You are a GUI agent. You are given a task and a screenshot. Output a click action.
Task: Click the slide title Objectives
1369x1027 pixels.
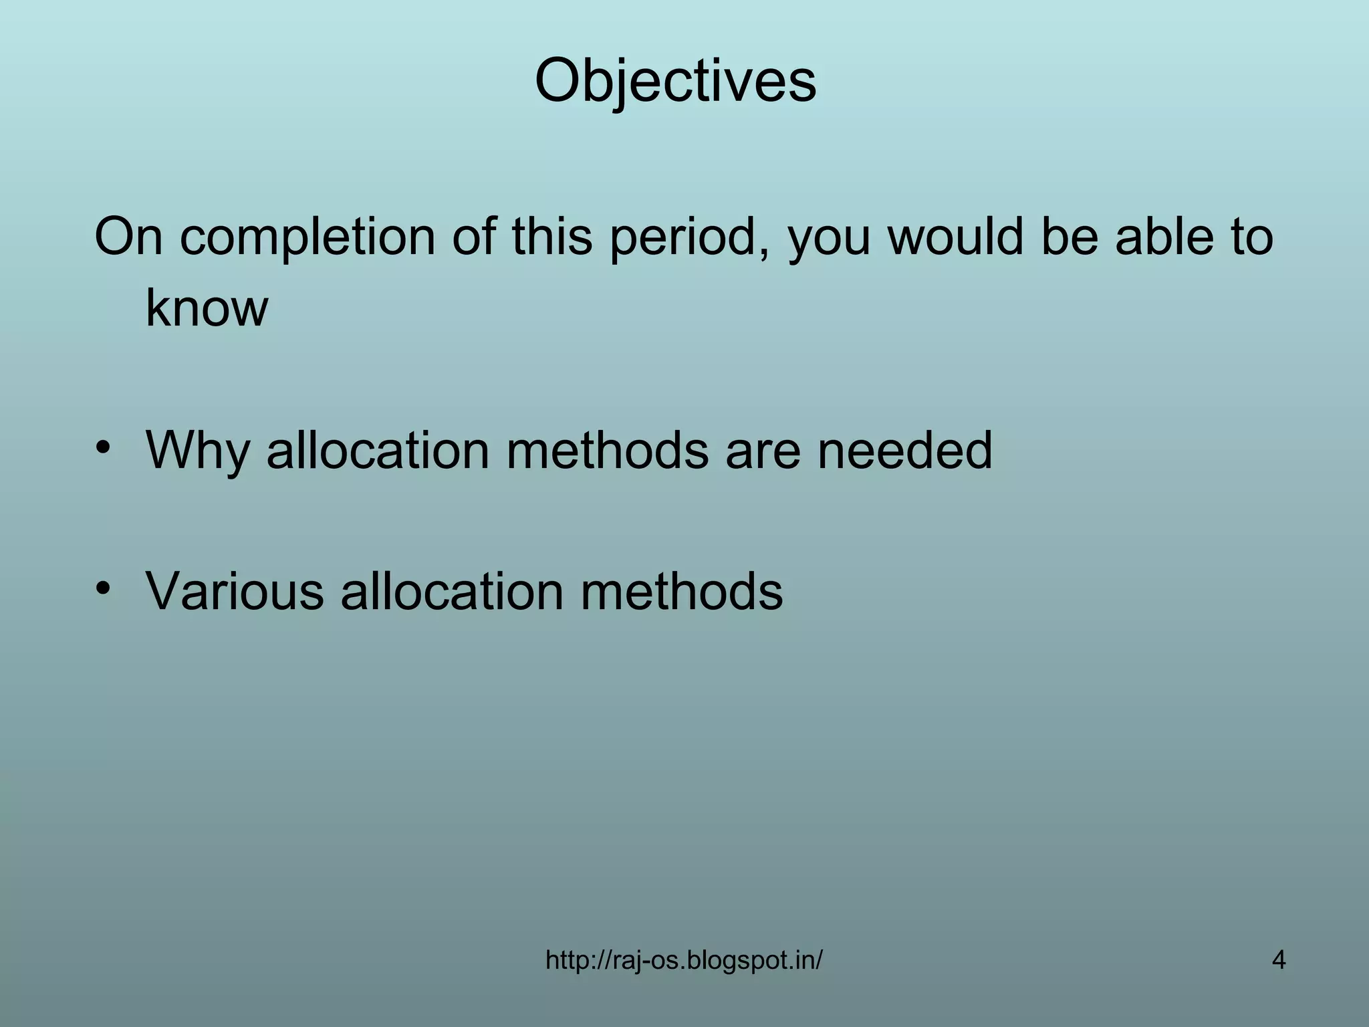tap(675, 82)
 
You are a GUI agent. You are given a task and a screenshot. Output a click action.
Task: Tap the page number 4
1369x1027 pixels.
tap(1278, 961)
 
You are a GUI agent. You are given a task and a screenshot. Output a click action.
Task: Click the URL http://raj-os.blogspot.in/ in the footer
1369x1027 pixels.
tap(684, 961)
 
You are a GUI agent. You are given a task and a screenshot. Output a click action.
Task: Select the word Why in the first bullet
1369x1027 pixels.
tap(198, 451)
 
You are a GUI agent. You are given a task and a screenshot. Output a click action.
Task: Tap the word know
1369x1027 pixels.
tap(207, 308)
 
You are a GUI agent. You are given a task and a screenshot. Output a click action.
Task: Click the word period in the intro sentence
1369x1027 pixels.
tap(689, 237)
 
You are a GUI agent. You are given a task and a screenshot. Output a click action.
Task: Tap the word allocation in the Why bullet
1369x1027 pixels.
tap(378, 451)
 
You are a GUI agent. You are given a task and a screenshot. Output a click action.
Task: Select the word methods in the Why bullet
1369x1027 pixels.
tap(607, 451)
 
